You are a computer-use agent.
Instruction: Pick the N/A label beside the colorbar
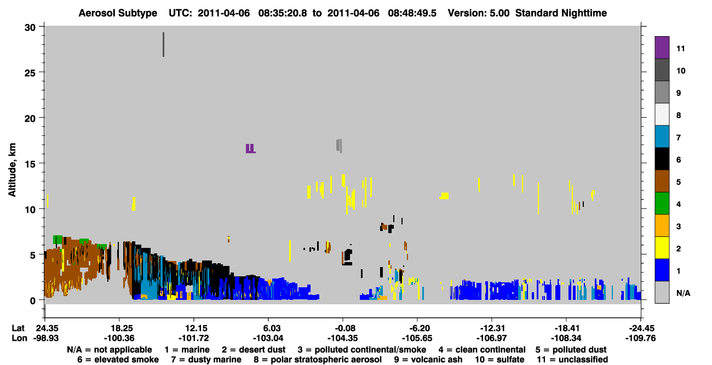[x=683, y=293]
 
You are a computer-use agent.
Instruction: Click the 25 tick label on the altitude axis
[x=30, y=73]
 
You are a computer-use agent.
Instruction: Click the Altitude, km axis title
[x=12, y=170]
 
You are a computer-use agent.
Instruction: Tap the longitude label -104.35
[x=342, y=338]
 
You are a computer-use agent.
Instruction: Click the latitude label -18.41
[x=566, y=328]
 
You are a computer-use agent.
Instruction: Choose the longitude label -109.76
[x=640, y=338]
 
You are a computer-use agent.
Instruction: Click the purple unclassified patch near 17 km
[x=250, y=149]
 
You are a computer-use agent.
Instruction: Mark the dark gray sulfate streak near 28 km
[x=163, y=44]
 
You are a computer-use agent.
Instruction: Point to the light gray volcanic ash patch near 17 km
[x=339, y=146]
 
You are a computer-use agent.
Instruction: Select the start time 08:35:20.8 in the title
[x=283, y=13]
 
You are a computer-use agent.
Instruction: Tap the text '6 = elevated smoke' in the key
[x=118, y=360]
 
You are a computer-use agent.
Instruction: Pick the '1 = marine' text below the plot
[x=187, y=350]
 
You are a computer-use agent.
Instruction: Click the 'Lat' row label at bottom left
[x=18, y=328]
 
